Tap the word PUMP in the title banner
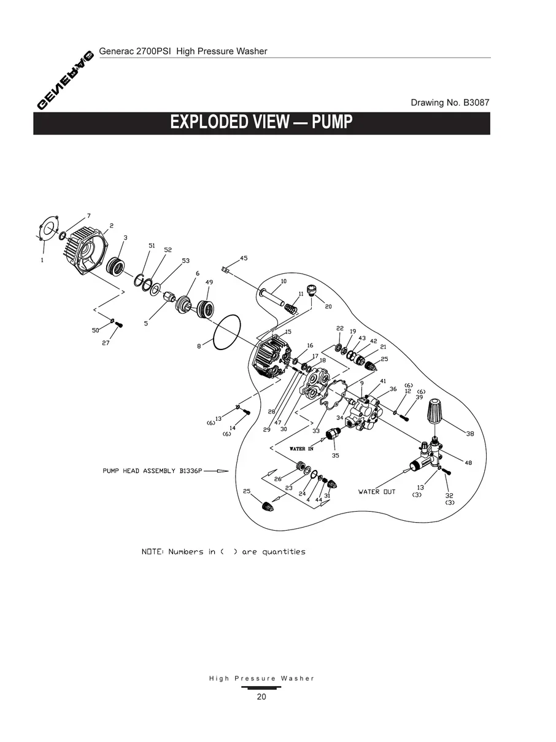(x=332, y=122)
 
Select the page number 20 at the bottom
(x=261, y=697)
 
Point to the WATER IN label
(x=301, y=449)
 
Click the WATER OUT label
(x=377, y=492)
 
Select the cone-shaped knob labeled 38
(x=436, y=410)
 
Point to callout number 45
(x=244, y=258)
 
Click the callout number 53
(x=185, y=261)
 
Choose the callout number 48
(x=468, y=463)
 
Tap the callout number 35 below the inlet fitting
(x=335, y=455)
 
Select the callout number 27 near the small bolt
(x=106, y=343)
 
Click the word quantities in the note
(x=284, y=552)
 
